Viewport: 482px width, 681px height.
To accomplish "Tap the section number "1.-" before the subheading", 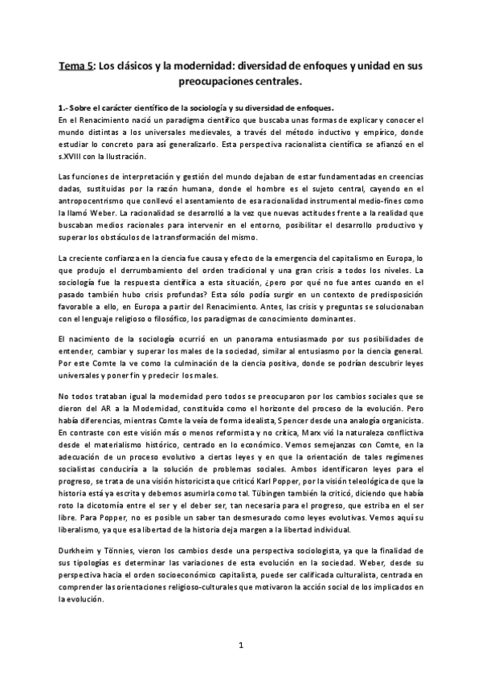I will (x=64, y=108).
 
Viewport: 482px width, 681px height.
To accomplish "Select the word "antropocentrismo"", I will (x=95, y=200).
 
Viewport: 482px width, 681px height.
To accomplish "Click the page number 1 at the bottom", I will (x=241, y=645).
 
